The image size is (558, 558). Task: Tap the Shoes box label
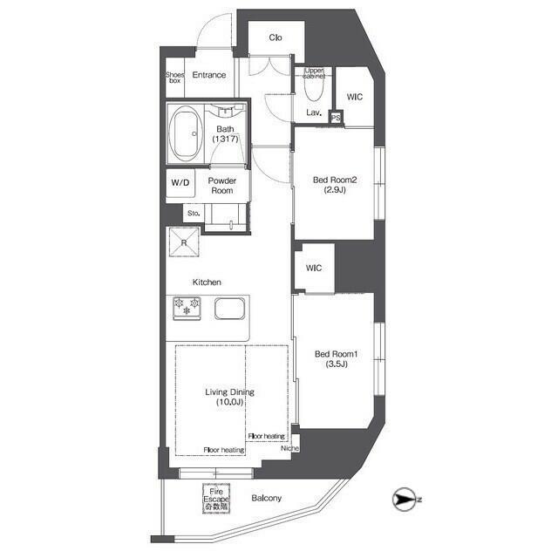[x=174, y=76]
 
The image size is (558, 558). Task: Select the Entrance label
[x=209, y=75]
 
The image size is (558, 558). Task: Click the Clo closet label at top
[x=275, y=37]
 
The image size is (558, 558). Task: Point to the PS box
[x=336, y=118]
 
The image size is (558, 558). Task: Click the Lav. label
[x=314, y=113]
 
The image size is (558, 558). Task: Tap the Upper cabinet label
[x=314, y=73]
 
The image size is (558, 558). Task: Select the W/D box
[x=180, y=183]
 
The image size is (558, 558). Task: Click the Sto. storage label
[x=193, y=212]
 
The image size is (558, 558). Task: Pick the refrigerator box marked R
[x=184, y=242]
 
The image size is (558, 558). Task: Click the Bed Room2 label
[x=336, y=185]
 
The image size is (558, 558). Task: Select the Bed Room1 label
[x=337, y=358]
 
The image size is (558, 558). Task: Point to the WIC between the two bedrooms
[x=314, y=268]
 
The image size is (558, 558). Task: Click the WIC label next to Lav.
[x=355, y=98]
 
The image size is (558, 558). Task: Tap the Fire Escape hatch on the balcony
[x=216, y=498]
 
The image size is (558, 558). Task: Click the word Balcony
[x=266, y=499]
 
